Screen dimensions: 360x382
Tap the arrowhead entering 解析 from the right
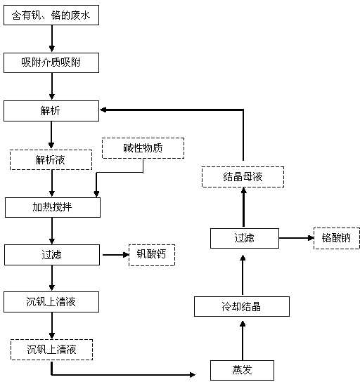(x=103, y=110)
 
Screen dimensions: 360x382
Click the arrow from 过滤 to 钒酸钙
(x=115, y=255)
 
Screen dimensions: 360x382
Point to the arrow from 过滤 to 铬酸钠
(x=296, y=238)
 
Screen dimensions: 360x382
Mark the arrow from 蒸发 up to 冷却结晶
(x=243, y=341)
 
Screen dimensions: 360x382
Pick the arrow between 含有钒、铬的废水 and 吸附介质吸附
(x=52, y=39)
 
